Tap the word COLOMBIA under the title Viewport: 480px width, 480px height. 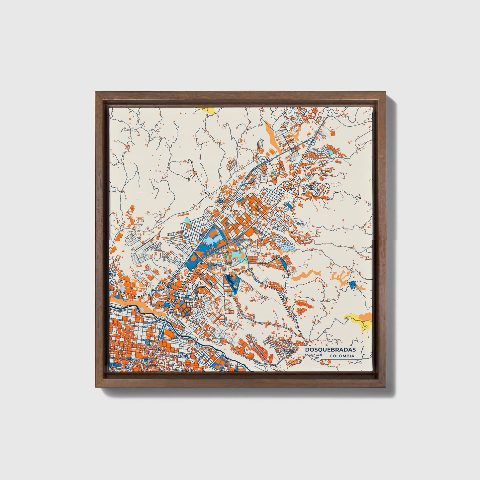point(342,356)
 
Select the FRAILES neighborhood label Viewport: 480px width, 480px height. point(289,350)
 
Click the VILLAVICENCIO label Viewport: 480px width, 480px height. point(178,356)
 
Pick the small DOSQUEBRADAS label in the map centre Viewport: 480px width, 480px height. point(240,240)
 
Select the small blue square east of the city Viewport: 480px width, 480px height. point(352,284)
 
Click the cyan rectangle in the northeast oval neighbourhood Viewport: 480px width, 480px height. point(331,151)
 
